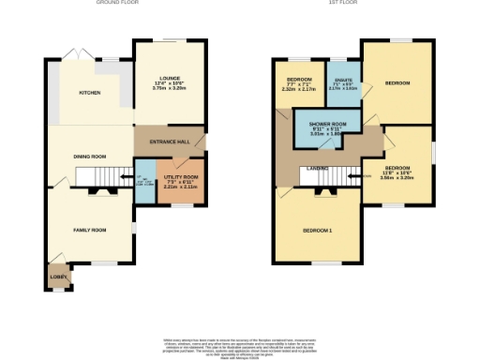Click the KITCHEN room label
(x=89, y=93)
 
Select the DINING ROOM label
(x=91, y=156)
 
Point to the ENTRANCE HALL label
(x=170, y=142)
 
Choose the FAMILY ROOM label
(x=91, y=230)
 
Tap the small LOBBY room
(x=57, y=277)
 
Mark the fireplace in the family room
(x=102, y=191)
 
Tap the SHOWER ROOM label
(x=328, y=128)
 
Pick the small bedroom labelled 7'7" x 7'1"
(x=299, y=85)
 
